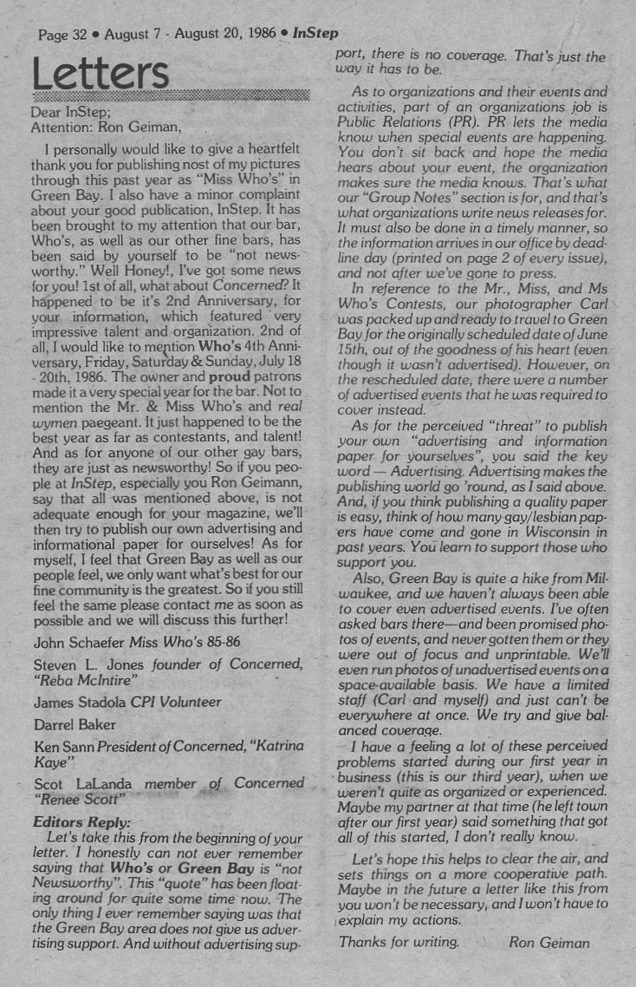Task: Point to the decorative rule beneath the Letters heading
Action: coord(170,94)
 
